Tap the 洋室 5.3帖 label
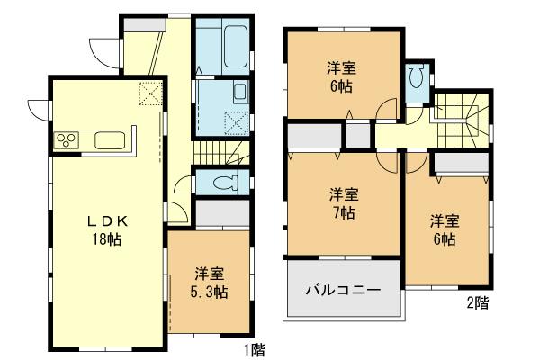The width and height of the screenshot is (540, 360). [210, 283]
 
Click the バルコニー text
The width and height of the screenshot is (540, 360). [342, 291]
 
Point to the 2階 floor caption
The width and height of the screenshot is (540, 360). [478, 303]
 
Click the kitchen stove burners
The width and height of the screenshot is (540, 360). [68, 139]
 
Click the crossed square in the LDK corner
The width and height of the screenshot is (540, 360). [149, 93]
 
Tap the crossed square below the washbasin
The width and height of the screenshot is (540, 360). [237, 121]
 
